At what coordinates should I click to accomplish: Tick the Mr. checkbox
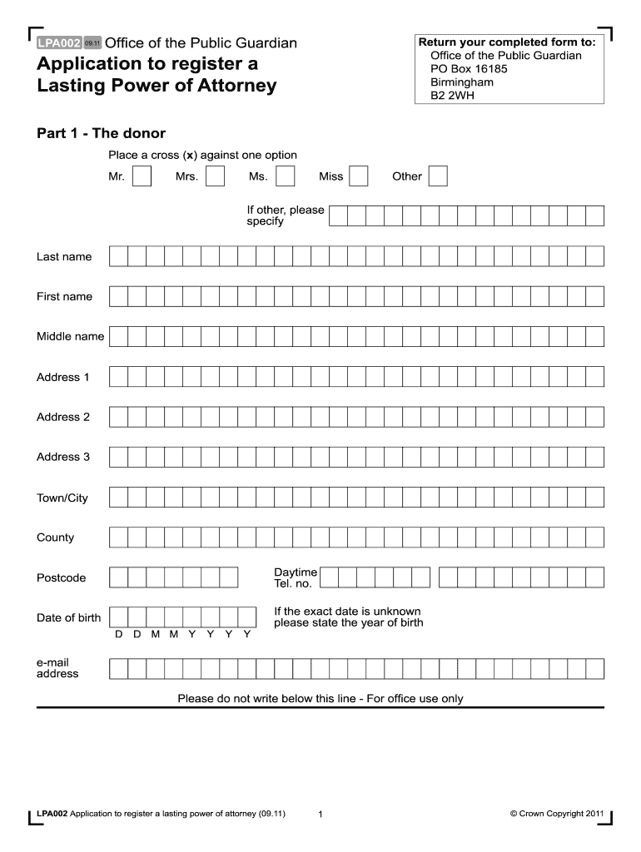click(142, 176)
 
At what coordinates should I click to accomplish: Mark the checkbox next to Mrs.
click(215, 176)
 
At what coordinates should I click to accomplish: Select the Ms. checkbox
click(285, 176)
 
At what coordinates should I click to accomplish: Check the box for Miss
click(359, 176)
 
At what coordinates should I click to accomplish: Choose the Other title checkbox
click(438, 176)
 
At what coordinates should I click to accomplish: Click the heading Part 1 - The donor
click(101, 133)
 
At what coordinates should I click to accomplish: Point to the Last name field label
click(64, 256)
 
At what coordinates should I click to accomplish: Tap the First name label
click(64, 296)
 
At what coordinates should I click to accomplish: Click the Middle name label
click(70, 336)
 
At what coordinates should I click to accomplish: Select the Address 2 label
click(63, 417)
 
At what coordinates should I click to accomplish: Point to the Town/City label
click(62, 498)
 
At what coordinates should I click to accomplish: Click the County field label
click(55, 537)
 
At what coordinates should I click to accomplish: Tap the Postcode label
click(61, 577)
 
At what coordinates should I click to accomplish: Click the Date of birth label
click(68, 617)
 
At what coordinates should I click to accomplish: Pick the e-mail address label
click(57, 667)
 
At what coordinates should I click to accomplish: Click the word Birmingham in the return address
click(462, 82)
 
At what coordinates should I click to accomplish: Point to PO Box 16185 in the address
click(469, 69)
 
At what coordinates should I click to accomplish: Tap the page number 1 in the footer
click(320, 814)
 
